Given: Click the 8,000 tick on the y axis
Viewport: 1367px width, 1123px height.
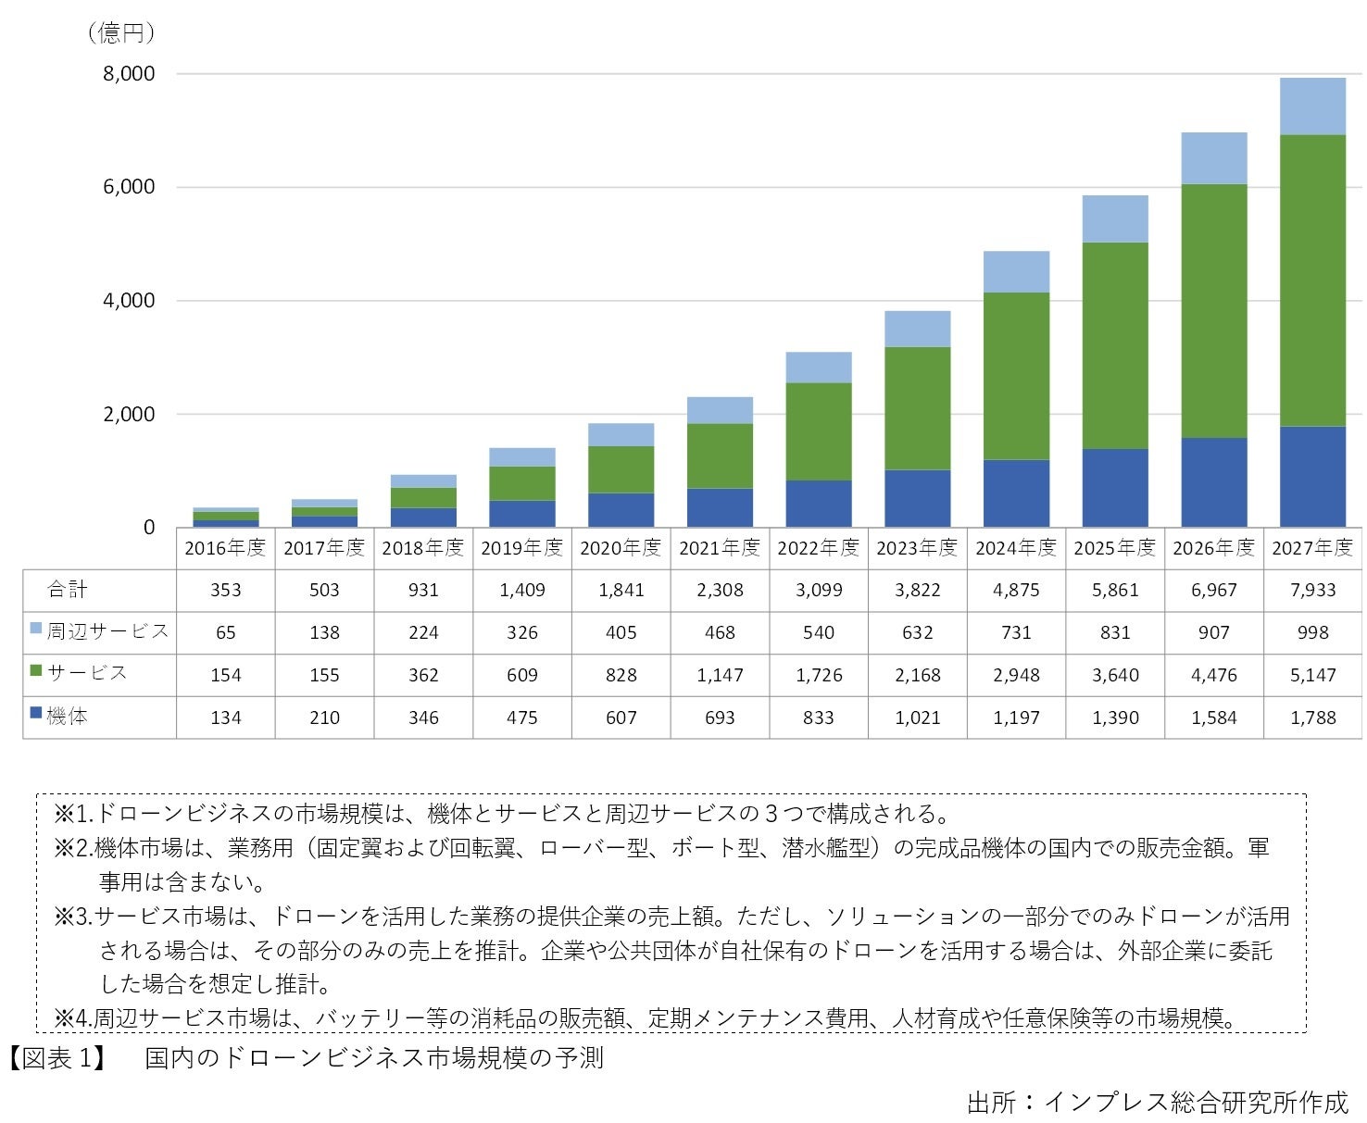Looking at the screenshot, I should [x=129, y=74].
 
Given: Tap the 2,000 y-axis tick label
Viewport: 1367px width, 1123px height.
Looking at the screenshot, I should [x=129, y=415].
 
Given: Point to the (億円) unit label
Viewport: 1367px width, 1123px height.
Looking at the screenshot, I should [x=120, y=33].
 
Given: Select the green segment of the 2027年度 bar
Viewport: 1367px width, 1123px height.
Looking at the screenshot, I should [x=1312, y=280].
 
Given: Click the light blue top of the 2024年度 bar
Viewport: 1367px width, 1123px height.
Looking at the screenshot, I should [x=1016, y=271].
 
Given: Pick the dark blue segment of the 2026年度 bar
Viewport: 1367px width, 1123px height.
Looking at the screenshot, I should [x=1213, y=482].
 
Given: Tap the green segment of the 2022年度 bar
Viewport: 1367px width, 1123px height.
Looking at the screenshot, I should [x=819, y=431].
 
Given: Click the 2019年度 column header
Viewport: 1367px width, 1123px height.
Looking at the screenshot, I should [x=521, y=548].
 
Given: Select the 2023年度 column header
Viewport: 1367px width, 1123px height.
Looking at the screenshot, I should [x=917, y=548].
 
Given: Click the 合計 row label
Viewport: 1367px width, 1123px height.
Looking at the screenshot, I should [x=68, y=590].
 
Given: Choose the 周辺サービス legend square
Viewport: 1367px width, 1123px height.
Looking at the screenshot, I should [x=36, y=630].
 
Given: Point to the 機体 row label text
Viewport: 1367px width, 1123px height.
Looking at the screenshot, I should [x=68, y=717].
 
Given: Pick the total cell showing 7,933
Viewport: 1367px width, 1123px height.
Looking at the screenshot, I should [x=1312, y=591].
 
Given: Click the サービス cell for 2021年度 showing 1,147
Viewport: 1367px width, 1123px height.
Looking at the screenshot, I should [x=720, y=675].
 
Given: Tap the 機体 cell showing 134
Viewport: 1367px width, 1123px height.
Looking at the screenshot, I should [x=225, y=717].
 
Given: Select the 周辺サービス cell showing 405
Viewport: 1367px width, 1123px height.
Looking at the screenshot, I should [x=621, y=632].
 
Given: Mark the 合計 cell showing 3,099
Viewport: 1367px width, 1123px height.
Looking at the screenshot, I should [x=819, y=591].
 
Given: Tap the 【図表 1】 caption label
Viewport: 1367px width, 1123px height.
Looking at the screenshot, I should [x=56, y=1058].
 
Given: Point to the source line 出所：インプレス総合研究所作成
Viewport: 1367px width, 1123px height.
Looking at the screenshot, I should [x=1157, y=1103].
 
